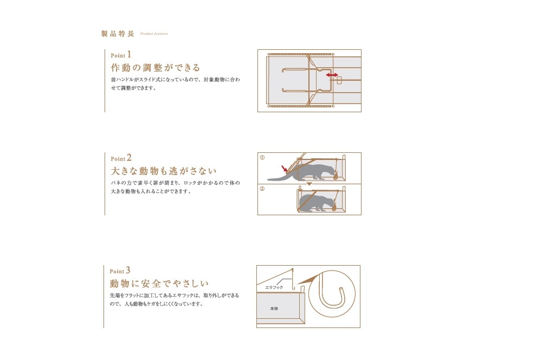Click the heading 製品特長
[x=118, y=34]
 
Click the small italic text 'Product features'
[x=154, y=34]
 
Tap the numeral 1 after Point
[x=129, y=54]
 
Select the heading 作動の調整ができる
[x=156, y=67]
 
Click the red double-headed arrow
[x=332, y=75]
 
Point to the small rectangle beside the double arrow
[x=339, y=80]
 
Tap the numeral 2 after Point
[x=130, y=158]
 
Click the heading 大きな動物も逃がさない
[x=164, y=171]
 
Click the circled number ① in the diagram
[x=262, y=158]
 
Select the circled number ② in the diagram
[x=262, y=189]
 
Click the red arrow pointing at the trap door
[x=285, y=169]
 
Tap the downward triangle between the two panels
[x=309, y=184]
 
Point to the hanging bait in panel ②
[x=334, y=207]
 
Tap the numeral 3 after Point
[x=128, y=270]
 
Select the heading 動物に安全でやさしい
[x=159, y=284]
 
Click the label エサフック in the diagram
[x=274, y=287]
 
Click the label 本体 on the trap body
[x=274, y=308]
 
